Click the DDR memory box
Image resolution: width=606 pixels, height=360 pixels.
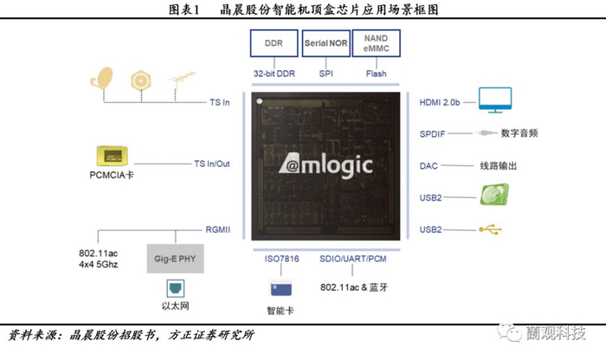pos(274,43)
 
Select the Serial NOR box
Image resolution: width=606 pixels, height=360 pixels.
pos(326,43)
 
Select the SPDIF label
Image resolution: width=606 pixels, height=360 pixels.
pos(432,133)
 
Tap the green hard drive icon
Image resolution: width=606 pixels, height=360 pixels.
pos(500,196)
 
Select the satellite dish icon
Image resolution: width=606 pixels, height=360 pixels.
pos(102,80)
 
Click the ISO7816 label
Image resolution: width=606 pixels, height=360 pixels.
pos(281,259)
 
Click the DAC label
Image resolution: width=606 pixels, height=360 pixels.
pos(429,165)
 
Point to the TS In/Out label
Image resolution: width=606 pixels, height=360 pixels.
pos(211,163)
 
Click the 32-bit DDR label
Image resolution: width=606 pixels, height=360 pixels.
pos(274,74)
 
